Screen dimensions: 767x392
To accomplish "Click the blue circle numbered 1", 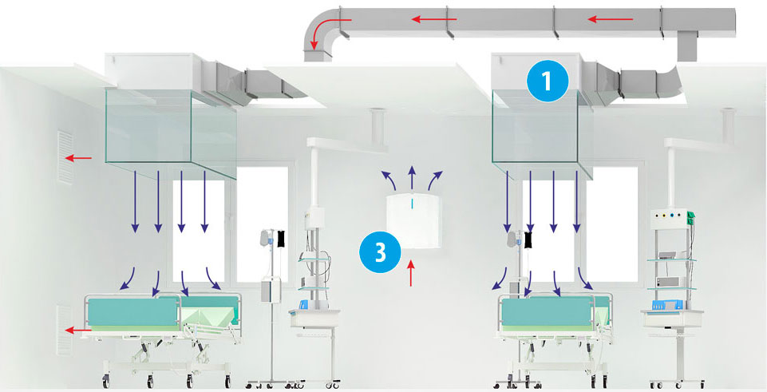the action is [548, 81].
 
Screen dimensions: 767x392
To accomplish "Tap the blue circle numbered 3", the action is [380, 252].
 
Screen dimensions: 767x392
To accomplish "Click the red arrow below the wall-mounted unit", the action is [411, 273].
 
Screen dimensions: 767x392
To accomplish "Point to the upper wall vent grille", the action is [65, 157].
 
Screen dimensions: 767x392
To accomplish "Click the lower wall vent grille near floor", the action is [64, 330].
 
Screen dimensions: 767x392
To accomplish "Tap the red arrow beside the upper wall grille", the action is [78, 158].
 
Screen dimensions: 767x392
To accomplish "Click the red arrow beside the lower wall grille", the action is [78, 331].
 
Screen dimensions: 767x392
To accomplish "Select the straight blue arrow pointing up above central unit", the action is [412, 178].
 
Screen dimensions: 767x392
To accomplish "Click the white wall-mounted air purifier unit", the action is [413, 220].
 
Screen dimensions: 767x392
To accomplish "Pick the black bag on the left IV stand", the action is [281, 239].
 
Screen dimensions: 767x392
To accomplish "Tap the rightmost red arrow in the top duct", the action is [610, 20].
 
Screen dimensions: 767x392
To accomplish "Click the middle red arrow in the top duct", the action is [434, 20].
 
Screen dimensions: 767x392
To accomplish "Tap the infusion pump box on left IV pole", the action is [269, 291].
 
